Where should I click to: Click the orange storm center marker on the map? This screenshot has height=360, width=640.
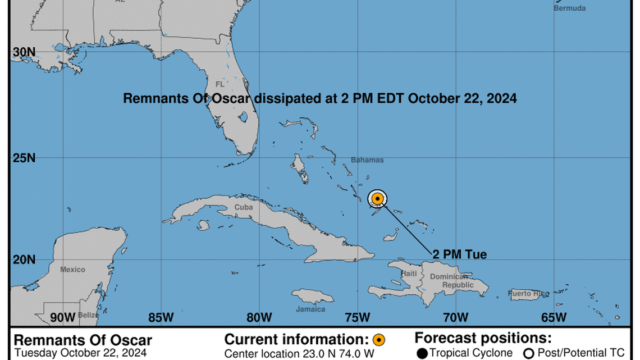[378, 198]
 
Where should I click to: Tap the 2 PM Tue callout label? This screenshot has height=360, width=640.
[459, 254]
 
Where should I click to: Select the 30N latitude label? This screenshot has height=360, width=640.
[24, 52]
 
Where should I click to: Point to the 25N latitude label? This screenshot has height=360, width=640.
[24, 158]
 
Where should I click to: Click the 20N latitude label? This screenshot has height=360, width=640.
[24, 259]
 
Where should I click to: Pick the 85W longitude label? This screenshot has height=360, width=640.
[161, 317]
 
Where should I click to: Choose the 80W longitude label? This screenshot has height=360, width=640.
[259, 317]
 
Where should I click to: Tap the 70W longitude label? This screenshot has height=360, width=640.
[455, 317]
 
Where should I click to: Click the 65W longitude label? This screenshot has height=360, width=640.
[554, 317]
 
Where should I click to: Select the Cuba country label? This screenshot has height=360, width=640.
[243, 207]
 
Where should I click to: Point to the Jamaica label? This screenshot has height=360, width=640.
[310, 309]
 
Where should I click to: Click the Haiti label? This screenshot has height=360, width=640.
[409, 274]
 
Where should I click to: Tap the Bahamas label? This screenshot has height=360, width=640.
[367, 160]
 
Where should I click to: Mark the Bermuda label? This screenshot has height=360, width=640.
[569, 8]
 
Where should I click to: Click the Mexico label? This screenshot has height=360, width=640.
[72, 270]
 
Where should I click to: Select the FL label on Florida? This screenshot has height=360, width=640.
[220, 84]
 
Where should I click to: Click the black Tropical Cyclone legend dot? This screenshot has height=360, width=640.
[422, 353]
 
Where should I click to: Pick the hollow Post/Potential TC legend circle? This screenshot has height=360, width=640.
[528, 353]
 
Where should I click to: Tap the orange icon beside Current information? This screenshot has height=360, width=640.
[379, 340]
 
